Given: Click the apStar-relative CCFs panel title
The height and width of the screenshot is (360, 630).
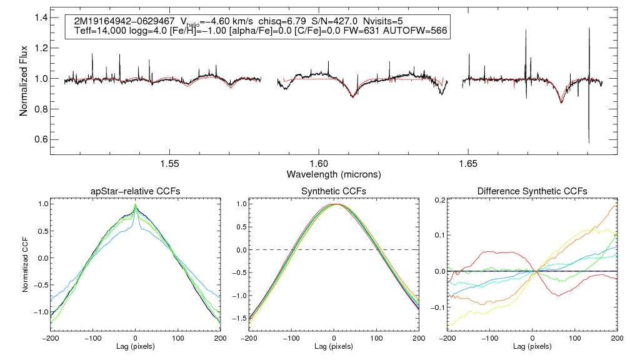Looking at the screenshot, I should (x=135, y=191).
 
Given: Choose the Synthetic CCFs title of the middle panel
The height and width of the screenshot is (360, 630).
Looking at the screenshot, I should (x=334, y=191).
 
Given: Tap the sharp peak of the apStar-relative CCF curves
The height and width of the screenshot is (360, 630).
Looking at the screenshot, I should (x=136, y=205).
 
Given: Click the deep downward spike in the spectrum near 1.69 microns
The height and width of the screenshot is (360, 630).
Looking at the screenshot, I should (x=589, y=141).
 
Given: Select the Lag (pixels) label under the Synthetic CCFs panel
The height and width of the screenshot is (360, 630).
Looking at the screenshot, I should (x=334, y=346).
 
